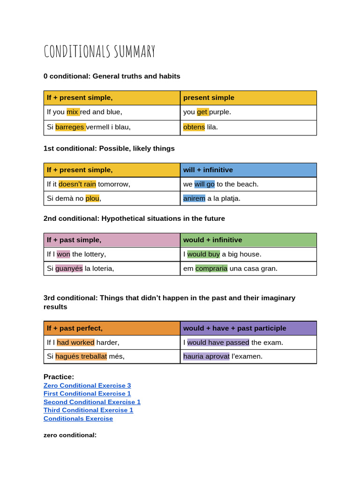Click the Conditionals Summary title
[x=99, y=51]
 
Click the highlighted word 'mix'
[x=72, y=112]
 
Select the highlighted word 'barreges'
[x=70, y=127]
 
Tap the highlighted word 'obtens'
[x=194, y=127]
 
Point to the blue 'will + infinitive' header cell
[x=248, y=170]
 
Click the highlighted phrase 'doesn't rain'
[x=77, y=184]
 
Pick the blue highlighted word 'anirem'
[x=194, y=198]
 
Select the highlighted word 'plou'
[x=92, y=198]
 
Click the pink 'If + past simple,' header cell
[x=112, y=240]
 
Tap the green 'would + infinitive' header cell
[x=248, y=240]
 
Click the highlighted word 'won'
[x=63, y=254]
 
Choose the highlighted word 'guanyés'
[x=69, y=269]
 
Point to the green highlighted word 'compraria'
[x=211, y=269]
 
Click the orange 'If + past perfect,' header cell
[x=112, y=328]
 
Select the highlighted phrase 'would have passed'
[x=218, y=342]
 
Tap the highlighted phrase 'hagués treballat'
[x=81, y=356]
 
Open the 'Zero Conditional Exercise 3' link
[x=87, y=385]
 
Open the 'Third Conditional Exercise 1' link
[x=88, y=410]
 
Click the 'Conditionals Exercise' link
[x=78, y=419]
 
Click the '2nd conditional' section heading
[x=134, y=218]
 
